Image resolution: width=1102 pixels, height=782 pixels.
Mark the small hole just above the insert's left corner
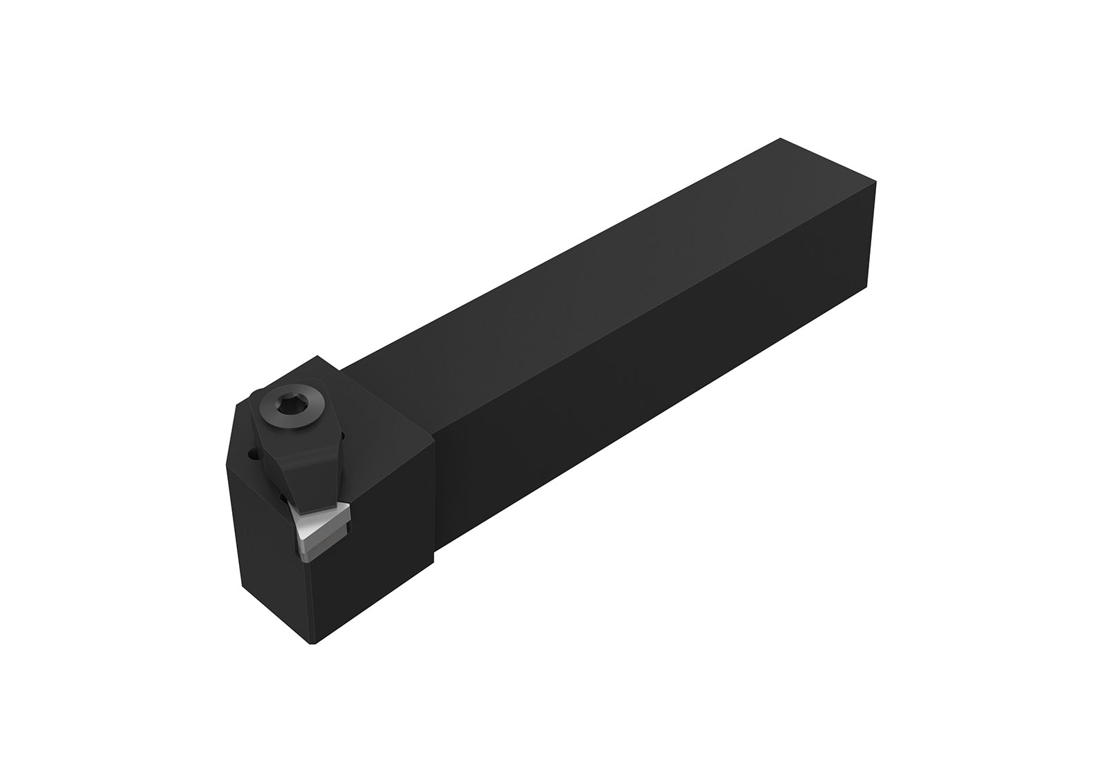(284, 497)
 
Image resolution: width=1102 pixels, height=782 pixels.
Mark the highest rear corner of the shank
(780, 138)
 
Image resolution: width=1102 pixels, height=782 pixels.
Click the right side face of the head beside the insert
(386, 551)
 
